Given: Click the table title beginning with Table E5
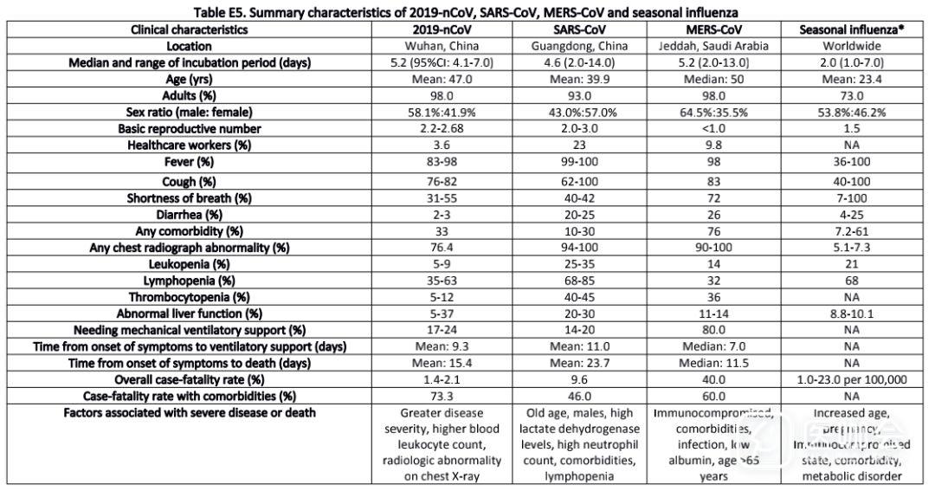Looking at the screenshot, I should (467, 12).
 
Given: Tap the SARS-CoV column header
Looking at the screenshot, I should (577, 29).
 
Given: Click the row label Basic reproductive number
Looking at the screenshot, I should (190, 128).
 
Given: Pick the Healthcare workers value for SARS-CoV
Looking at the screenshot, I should (577, 145).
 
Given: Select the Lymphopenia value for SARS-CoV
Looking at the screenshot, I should (577, 281).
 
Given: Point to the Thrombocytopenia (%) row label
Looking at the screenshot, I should (190, 297).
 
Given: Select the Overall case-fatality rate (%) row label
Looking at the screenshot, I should (190, 379).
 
